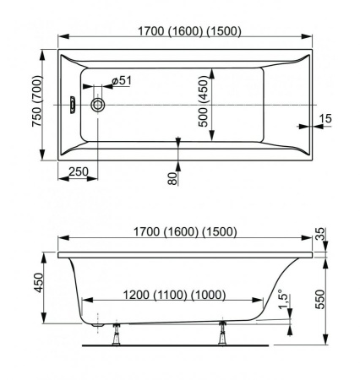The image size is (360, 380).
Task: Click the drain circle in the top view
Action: [98, 105]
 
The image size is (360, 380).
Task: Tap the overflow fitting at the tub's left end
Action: [73, 105]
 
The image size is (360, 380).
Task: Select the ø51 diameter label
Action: [122, 81]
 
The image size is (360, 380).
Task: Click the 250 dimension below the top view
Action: [79, 171]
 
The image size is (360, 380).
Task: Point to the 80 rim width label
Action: [172, 178]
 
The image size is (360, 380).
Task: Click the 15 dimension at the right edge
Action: [325, 118]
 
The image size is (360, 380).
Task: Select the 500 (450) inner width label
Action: [203, 102]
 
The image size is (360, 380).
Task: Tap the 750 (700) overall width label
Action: [37, 101]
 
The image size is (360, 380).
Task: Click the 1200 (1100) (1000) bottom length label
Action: [175, 295]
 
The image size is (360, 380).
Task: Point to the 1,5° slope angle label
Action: [284, 299]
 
